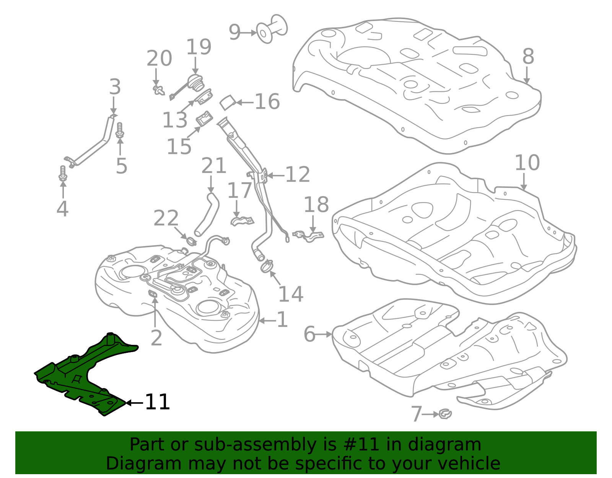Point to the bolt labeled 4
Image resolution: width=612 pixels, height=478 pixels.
63,174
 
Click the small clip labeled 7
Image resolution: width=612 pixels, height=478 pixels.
445,414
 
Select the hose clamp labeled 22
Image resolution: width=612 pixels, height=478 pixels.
191,241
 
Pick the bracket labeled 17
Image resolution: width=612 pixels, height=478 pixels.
242,221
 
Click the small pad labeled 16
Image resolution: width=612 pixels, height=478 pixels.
227,103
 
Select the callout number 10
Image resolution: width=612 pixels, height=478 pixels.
527,163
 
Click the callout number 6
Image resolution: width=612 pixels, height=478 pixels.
309,334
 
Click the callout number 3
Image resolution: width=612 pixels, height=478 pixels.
115,87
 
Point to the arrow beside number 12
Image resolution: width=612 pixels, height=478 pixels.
275,176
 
